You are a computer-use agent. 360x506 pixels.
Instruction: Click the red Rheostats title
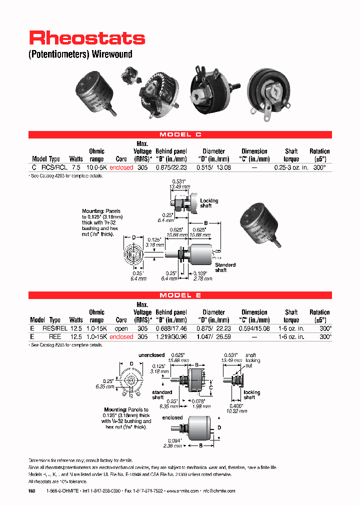[x=87, y=38]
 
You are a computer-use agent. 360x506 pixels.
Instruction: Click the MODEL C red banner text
[x=180, y=135]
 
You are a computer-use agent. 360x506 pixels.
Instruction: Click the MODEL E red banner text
[x=180, y=295]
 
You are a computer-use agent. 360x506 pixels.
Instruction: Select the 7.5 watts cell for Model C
[x=76, y=168]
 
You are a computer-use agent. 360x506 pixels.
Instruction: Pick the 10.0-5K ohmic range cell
[x=96, y=168]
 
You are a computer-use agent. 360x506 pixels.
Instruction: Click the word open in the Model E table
[x=121, y=329]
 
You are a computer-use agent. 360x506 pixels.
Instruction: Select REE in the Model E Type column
[x=55, y=337]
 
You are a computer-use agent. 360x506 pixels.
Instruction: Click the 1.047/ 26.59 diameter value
[x=213, y=337]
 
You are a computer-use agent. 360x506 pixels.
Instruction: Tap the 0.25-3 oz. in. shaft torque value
[x=291, y=168]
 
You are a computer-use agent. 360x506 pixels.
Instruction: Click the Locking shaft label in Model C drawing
[x=209, y=203]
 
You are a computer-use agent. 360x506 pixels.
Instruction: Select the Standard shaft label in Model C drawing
[x=225, y=267]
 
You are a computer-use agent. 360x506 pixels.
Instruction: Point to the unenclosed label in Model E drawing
[x=152, y=355]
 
